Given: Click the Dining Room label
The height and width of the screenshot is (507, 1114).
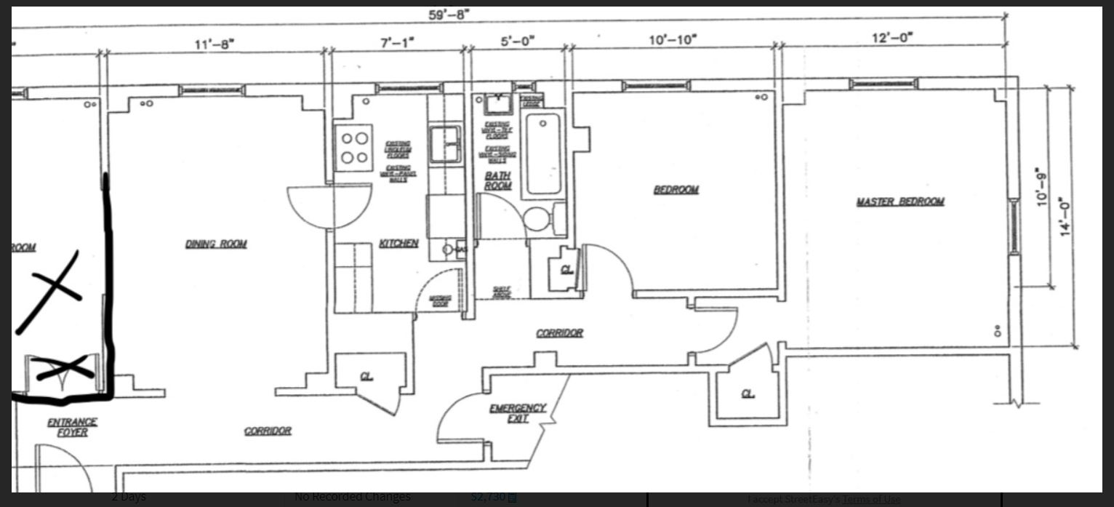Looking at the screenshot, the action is click(x=216, y=244).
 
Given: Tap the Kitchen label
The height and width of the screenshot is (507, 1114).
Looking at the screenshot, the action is click(x=398, y=243).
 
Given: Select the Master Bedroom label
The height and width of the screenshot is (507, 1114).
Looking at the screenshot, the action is click(x=899, y=201).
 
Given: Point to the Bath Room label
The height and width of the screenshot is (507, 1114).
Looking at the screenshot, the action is click(x=498, y=180).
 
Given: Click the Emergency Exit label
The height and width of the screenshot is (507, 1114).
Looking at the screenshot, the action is click(x=517, y=413).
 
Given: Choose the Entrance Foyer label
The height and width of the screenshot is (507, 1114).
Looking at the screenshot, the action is click(x=72, y=427).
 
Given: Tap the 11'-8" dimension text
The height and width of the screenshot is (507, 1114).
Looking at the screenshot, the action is click(x=214, y=44).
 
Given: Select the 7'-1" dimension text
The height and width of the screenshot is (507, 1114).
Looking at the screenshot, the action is click(x=396, y=42).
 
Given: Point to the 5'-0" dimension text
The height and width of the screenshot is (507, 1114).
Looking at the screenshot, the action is click(x=517, y=41).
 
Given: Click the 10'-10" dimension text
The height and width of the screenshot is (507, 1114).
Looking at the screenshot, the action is click(x=673, y=39).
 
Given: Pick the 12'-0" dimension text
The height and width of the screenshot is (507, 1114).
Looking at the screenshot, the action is click(x=892, y=37).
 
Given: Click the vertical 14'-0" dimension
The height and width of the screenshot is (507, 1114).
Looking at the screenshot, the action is click(x=1066, y=216).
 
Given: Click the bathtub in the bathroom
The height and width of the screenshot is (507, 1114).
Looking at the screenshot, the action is click(x=542, y=153).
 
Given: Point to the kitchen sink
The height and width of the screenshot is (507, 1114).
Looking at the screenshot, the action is click(x=444, y=143).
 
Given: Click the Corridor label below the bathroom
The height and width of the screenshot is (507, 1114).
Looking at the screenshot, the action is click(x=559, y=333).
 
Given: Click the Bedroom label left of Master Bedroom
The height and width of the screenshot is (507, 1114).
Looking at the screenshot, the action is click(x=676, y=190).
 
